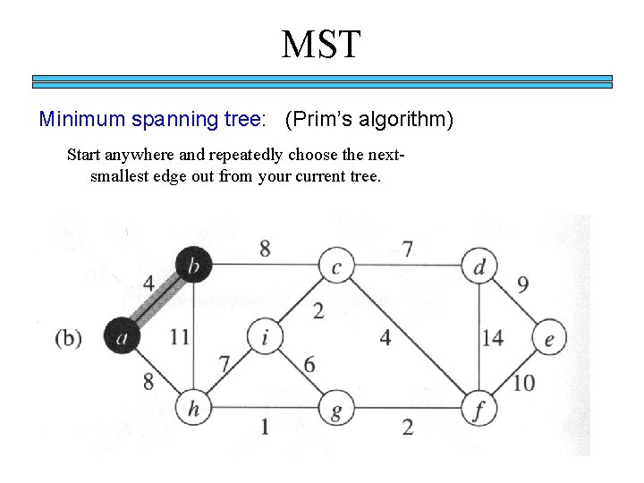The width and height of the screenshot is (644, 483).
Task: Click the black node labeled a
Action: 122,335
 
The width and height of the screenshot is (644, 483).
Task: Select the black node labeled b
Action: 193,264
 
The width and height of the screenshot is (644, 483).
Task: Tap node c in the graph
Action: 336,265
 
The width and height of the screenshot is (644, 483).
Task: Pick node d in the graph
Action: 479,265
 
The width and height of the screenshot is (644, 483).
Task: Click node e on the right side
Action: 549,338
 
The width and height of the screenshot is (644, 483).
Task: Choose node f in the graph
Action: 479,410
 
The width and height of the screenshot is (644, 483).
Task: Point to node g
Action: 336,410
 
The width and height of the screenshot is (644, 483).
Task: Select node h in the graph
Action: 193,410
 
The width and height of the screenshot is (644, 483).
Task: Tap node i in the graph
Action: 265,336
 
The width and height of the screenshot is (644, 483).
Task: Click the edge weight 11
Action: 179,337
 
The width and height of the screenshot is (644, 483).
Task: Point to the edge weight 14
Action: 493,338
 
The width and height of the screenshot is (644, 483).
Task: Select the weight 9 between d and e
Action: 522,285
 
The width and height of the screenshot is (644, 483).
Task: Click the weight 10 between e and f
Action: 524,383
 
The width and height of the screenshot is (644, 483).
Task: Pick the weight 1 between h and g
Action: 265,427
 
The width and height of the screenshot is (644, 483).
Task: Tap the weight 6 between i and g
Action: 309,365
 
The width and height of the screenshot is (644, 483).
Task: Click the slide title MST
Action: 321,44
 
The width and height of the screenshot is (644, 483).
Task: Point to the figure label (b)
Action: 69,338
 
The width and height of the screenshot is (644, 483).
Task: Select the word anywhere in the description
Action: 142,155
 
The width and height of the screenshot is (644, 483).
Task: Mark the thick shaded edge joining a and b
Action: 157,301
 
